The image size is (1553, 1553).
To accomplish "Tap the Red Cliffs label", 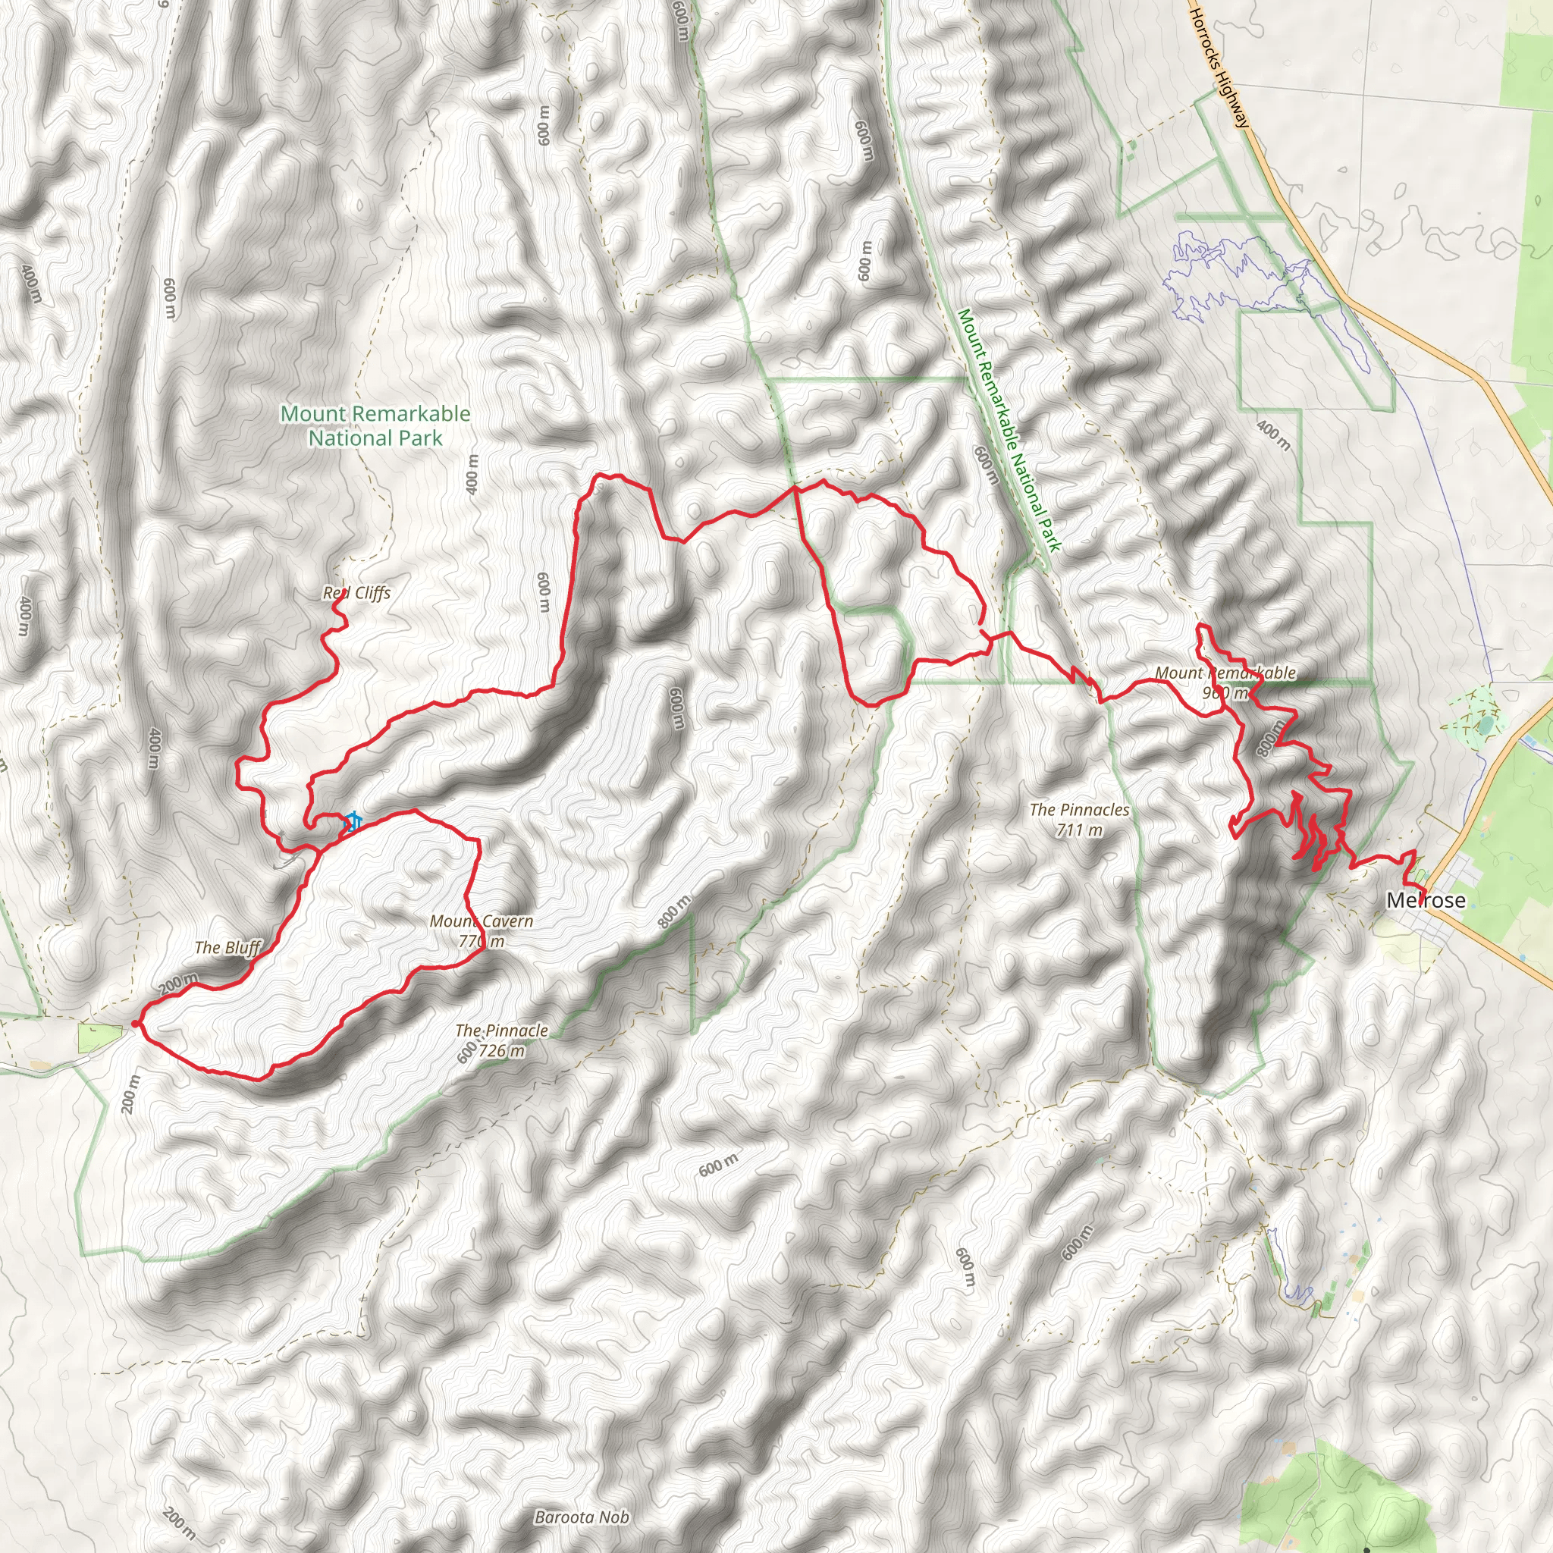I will coord(356,592).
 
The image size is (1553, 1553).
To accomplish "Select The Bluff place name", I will coord(227,947).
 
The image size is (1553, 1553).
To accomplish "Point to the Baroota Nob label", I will coord(581,1517).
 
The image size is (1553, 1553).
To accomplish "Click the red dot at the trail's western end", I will coord(135,1023).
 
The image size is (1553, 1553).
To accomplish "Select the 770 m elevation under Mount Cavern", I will coord(481,940).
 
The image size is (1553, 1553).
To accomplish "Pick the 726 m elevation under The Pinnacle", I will coord(501,1050).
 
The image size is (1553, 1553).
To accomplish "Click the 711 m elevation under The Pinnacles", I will coord(1079,830).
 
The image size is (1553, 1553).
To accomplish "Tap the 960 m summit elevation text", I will coord(1225,693).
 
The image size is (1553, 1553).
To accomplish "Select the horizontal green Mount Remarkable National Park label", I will coord(375,425).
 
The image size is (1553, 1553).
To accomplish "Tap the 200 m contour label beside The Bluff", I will coord(177,983).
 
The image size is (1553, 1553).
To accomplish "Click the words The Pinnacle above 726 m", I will coord(501,1030).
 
